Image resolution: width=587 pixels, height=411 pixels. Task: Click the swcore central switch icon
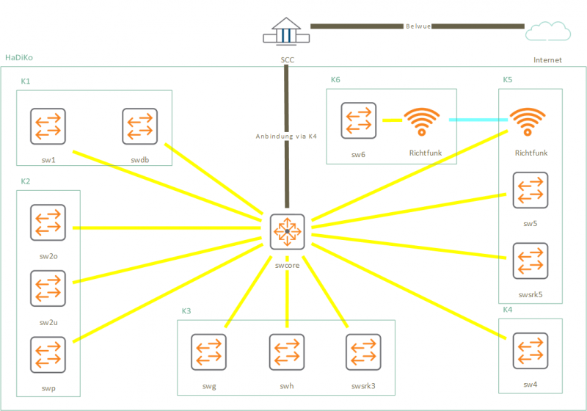(x=287, y=232)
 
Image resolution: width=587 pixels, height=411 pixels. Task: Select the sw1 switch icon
(x=48, y=126)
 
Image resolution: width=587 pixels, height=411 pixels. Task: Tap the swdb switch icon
(x=140, y=126)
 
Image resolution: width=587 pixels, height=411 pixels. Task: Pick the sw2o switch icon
(x=48, y=222)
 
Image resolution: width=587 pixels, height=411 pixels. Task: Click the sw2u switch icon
(x=48, y=288)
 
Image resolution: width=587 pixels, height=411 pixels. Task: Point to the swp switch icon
(x=48, y=354)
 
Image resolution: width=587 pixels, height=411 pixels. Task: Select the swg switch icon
(x=209, y=352)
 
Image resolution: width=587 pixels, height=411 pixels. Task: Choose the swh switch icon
(x=287, y=352)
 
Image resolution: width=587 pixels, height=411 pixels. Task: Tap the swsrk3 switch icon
(x=363, y=352)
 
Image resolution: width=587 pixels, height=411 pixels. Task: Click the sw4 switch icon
(x=531, y=351)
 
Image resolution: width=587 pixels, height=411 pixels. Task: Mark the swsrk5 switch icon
(x=531, y=261)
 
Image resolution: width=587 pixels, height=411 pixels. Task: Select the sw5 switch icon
(x=531, y=190)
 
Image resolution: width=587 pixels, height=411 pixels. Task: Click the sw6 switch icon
(x=359, y=120)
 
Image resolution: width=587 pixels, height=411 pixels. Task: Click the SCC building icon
(x=286, y=32)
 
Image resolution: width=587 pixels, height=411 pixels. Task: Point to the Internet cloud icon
(x=548, y=31)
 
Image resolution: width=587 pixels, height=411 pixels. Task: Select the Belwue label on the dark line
(x=418, y=26)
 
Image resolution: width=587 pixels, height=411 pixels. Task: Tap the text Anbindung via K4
(x=286, y=137)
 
